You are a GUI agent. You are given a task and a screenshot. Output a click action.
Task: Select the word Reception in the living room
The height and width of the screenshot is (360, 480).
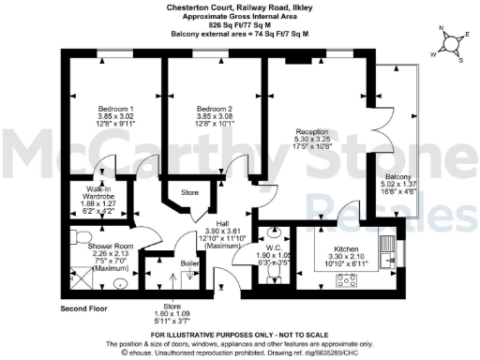pyautogui.click(x=310, y=132)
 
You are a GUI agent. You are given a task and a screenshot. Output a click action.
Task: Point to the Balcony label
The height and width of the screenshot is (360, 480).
pyautogui.click(x=399, y=176)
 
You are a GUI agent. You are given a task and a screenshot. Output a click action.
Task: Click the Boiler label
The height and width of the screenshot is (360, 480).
pyautogui.click(x=187, y=264)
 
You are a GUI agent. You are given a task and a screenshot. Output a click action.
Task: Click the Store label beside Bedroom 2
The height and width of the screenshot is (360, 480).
pyautogui.click(x=190, y=194)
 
